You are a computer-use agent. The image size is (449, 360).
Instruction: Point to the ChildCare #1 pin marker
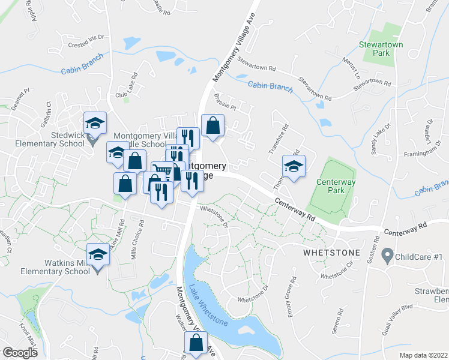point(388,256)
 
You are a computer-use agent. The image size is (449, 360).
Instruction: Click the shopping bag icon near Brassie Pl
point(212,126)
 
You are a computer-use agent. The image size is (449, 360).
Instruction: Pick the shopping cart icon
point(161,172)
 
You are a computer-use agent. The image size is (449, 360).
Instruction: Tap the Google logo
point(20,353)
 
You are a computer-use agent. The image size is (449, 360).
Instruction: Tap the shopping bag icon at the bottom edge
point(196,344)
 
